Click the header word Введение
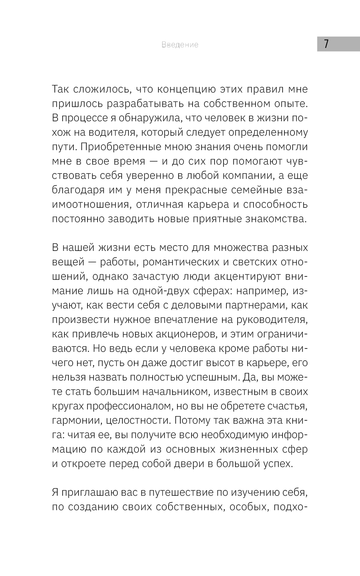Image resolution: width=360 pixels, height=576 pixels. (x=180, y=45)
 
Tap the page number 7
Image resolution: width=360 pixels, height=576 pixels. (x=326, y=44)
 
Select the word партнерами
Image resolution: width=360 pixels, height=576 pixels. (x=256, y=305)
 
